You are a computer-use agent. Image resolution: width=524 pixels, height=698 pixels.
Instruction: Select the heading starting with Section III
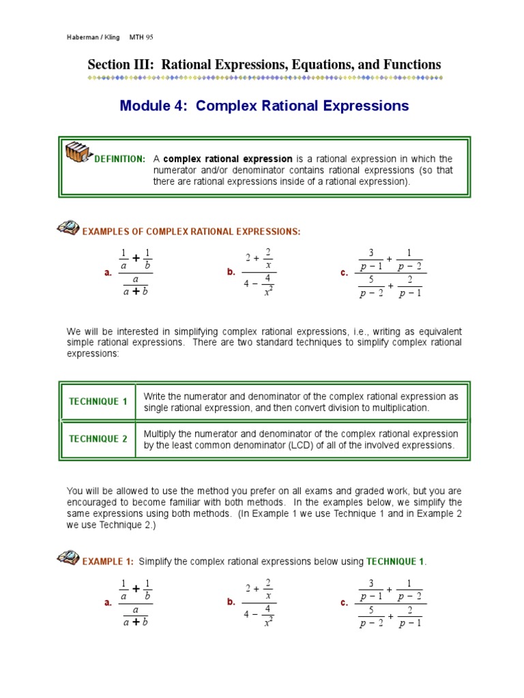[x=264, y=65]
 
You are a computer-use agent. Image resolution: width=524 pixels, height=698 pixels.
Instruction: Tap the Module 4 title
[x=264, y=106]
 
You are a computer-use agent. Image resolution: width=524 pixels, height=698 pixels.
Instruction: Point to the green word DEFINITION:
[x=119, y=159]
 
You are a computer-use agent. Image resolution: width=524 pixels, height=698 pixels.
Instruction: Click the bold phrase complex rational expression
[x=228, y=159]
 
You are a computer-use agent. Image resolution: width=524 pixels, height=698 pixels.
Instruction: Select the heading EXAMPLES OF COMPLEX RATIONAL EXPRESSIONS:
[x=191, y=232]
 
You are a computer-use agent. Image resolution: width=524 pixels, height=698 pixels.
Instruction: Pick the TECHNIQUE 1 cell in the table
[x=98, y=401]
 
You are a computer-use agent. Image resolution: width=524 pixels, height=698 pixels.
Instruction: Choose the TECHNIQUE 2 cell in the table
[x=98, y=439]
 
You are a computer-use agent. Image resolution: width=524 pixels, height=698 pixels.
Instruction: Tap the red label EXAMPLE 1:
[x=108, y=562]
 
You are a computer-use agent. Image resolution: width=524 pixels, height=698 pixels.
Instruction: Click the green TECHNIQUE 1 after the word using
[x=395, y=562]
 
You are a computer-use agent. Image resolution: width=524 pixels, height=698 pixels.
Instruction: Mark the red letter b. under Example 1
[x=231, y=602]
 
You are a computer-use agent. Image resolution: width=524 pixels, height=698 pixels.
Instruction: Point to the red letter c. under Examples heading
[x=345, y=273]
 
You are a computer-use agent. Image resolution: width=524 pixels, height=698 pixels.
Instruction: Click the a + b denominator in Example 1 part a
[x=135, y=622]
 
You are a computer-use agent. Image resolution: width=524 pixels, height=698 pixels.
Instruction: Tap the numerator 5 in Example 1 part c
[x=370, y=610]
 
